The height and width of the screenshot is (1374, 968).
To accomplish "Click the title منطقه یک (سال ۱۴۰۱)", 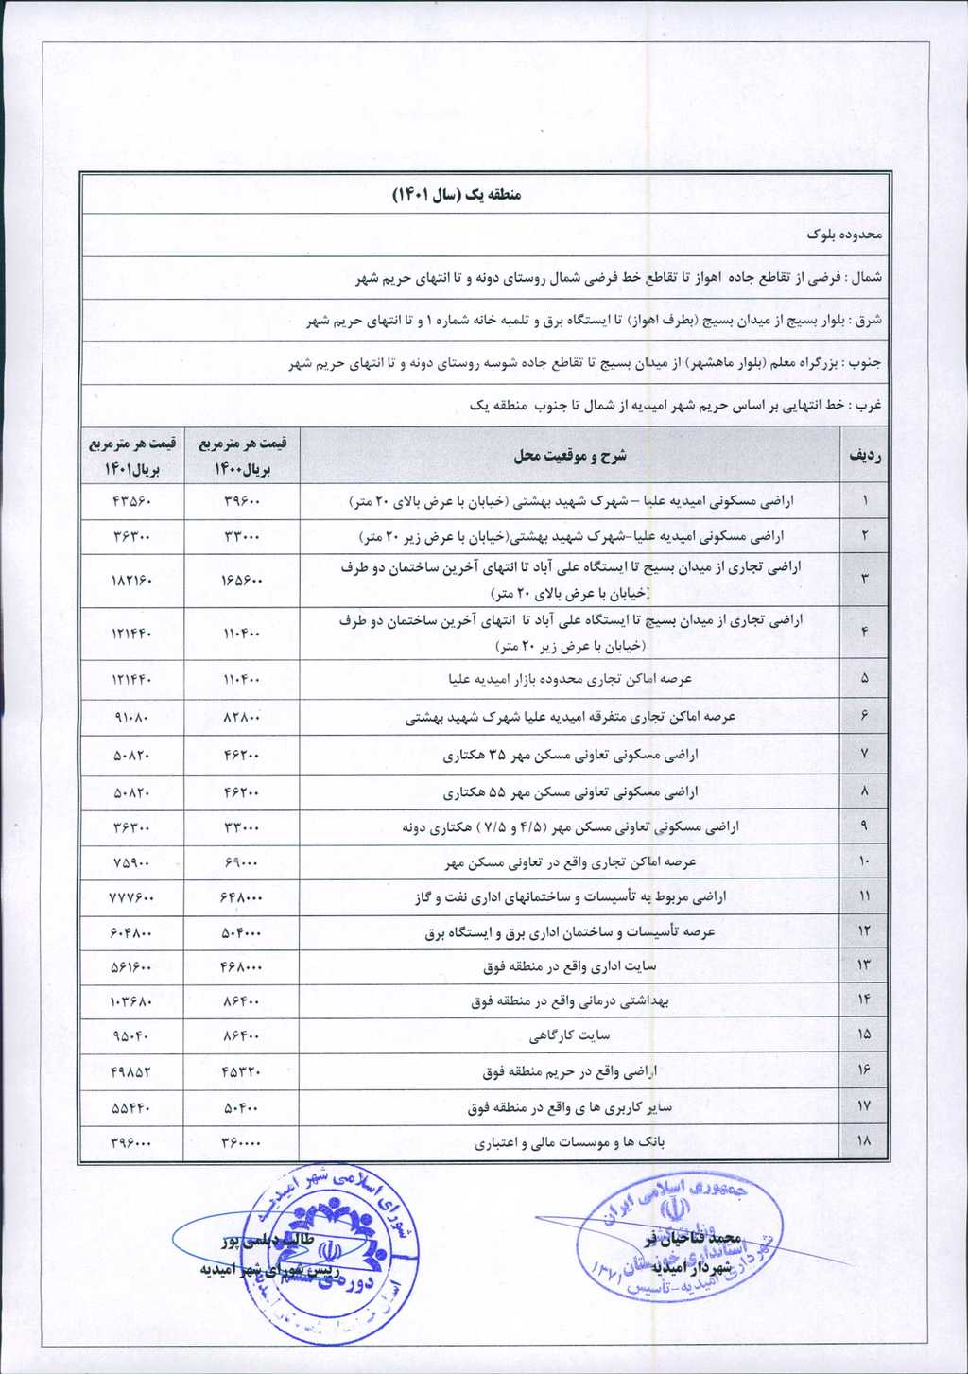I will click(457, 195).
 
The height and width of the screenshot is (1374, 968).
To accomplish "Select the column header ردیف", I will click(865, 456).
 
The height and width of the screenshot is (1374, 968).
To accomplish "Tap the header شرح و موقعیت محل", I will click(569, 456).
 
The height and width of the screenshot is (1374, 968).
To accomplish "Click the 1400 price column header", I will click(241, 456).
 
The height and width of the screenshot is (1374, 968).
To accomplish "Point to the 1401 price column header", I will click(132, 456).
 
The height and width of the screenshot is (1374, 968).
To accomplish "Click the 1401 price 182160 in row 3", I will click(132, 580).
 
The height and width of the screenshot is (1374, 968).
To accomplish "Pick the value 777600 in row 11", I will click(132, 896).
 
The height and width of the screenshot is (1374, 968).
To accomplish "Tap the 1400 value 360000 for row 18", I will click(241, 1142).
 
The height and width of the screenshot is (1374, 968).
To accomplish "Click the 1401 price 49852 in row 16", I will click(132, 1072).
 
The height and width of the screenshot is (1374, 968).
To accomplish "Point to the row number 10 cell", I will click(865, 861).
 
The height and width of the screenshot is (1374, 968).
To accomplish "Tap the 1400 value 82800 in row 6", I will click(241, 717).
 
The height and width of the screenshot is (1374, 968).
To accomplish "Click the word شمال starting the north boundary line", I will click(867, 279).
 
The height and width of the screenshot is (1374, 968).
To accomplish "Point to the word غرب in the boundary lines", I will click(869, 406).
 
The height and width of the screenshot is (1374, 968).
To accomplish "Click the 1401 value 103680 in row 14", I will click(132, 1000).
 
